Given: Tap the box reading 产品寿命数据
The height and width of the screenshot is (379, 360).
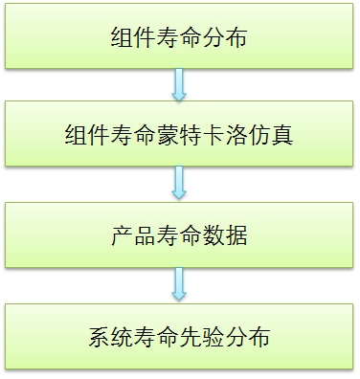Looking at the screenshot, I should click(179, 235).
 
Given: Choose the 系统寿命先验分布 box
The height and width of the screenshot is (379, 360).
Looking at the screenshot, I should click(179, 337).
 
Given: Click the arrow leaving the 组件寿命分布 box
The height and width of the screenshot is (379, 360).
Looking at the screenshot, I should click(179, 88).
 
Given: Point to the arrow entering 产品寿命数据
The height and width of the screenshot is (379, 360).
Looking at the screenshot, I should click(179, 185).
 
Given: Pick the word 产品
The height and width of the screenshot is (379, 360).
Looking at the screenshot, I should click(131, 235).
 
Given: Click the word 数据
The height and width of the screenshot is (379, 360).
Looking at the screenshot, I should click(226, 235).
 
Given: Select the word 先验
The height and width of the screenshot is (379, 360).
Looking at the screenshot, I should click(202, 337).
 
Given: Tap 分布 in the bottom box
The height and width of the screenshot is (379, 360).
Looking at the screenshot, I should click(250, 337).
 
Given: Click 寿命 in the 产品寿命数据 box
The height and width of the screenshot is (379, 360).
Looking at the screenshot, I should click(179, 235).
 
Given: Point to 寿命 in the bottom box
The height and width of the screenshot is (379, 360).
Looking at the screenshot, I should click(155, 337).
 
